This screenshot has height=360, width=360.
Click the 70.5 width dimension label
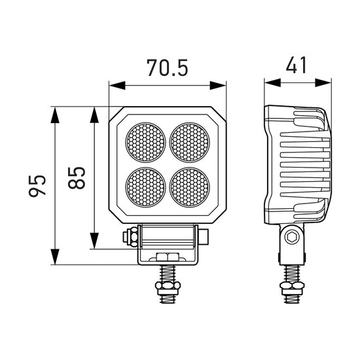click(168, 67)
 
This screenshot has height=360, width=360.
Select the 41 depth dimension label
click(296, 65)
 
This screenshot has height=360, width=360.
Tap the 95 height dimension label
click(37, 185)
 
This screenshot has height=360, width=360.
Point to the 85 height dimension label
click(77, 177)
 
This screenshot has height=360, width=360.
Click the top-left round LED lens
click(145, 142)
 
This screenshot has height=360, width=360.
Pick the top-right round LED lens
click(190, 142)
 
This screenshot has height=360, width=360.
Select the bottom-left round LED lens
click(145, 187)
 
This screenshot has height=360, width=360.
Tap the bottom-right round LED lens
click(190, 187)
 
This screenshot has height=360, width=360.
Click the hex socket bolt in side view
click(292, 237)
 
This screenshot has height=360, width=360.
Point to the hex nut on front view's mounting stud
click(168, 285)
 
